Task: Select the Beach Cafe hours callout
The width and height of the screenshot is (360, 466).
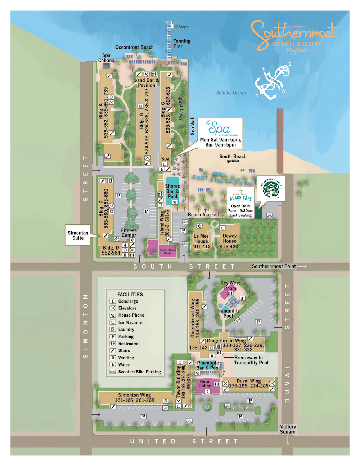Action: pyautogui.click(x=241, y=203)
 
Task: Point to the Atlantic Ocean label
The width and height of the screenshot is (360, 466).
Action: pyautogui.click(x=231, y=93)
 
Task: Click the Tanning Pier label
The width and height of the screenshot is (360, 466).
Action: pyautogui.click(x=182, y=44)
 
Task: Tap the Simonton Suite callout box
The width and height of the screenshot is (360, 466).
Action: pyautogui.click(x=78, y=236)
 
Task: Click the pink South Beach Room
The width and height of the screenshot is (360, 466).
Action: pyautogui.click(x=167, y=251)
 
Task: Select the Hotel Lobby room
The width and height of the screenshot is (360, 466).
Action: pyautogui.click(x=205, y=384)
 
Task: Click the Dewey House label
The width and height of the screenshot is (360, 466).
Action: pyautogui.click(x=229, y=238)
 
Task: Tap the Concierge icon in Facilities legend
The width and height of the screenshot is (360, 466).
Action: pyautogui.click(x=113, y=301)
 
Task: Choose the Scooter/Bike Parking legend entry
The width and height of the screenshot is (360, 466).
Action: pyautogui.click(x=139, y=372)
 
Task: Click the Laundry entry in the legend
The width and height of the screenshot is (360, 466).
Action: pyautogui.click(x=126, y=329)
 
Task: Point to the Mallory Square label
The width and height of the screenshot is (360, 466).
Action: pyautogui.click(x=287, y=429)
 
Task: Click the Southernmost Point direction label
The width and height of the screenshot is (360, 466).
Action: pyautogui.click(x=274, y=266)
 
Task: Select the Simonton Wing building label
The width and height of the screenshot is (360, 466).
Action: pyautogui.click(x=134, y=398)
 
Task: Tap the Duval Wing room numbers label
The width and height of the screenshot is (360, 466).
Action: pyautogui.click(x=248, y=386)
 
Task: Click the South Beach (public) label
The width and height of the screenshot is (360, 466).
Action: pyautogui.click(x=233, y=158)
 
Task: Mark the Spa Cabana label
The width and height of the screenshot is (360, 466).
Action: pyautogui.click(x=106, y=58)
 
